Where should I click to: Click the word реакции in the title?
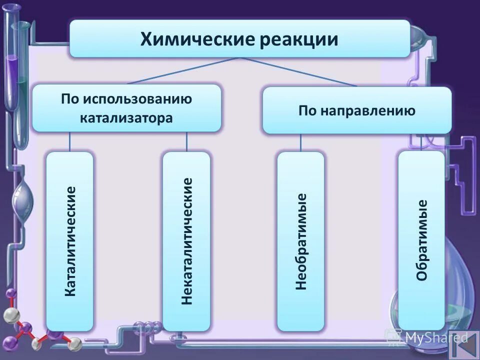pyautogui.click(x=298, y=39)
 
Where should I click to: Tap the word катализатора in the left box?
pyautogui.click(x=126, y=118)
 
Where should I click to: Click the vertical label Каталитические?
pyautogui.click(x=70, y=241)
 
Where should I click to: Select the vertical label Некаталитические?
pyautogui.click(x=187, y=241)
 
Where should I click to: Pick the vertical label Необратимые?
pyautogui.click(x=300, y=241)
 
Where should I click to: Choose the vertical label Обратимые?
pyautogui.click(x=421, y=240)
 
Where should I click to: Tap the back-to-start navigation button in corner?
pyautogui.click(x=463, y=345)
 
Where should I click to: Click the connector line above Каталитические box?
pyautogui.click(x=69, y=141)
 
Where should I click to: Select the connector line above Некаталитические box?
pyautogui.click(x=186, y=141)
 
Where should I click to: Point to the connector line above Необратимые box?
pyautogui.click(x=300, y=142)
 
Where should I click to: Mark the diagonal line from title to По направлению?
pyautogui.click(x=300, y=72)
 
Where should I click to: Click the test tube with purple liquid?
pyautogui.click(x=12, y=70)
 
